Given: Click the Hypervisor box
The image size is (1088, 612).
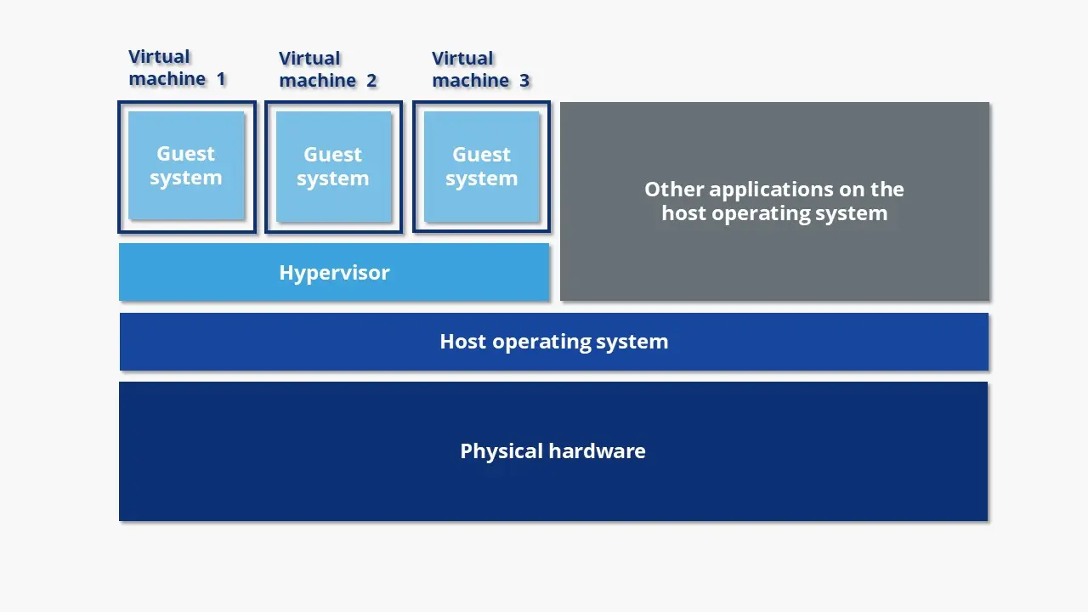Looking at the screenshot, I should tap(334, 273).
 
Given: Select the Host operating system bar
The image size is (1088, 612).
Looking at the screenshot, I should tap(553, 342).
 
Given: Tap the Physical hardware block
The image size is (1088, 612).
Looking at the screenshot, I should tap(552, 451).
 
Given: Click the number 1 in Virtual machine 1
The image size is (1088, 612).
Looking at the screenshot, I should tap(221, 79).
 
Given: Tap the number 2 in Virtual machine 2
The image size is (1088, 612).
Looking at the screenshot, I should tap(371, 81).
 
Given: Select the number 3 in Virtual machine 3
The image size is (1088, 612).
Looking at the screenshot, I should tap(524, 81).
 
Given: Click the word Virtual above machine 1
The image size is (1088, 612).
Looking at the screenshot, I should tap(159, 57).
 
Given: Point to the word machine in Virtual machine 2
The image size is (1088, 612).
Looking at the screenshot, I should tap(317, 81).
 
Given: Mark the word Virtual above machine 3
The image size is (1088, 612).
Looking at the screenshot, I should tap(462, 59).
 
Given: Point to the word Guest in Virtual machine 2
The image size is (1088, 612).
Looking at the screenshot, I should tap(333, 155).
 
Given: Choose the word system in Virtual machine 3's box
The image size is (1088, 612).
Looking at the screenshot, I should tap(481, 178).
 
